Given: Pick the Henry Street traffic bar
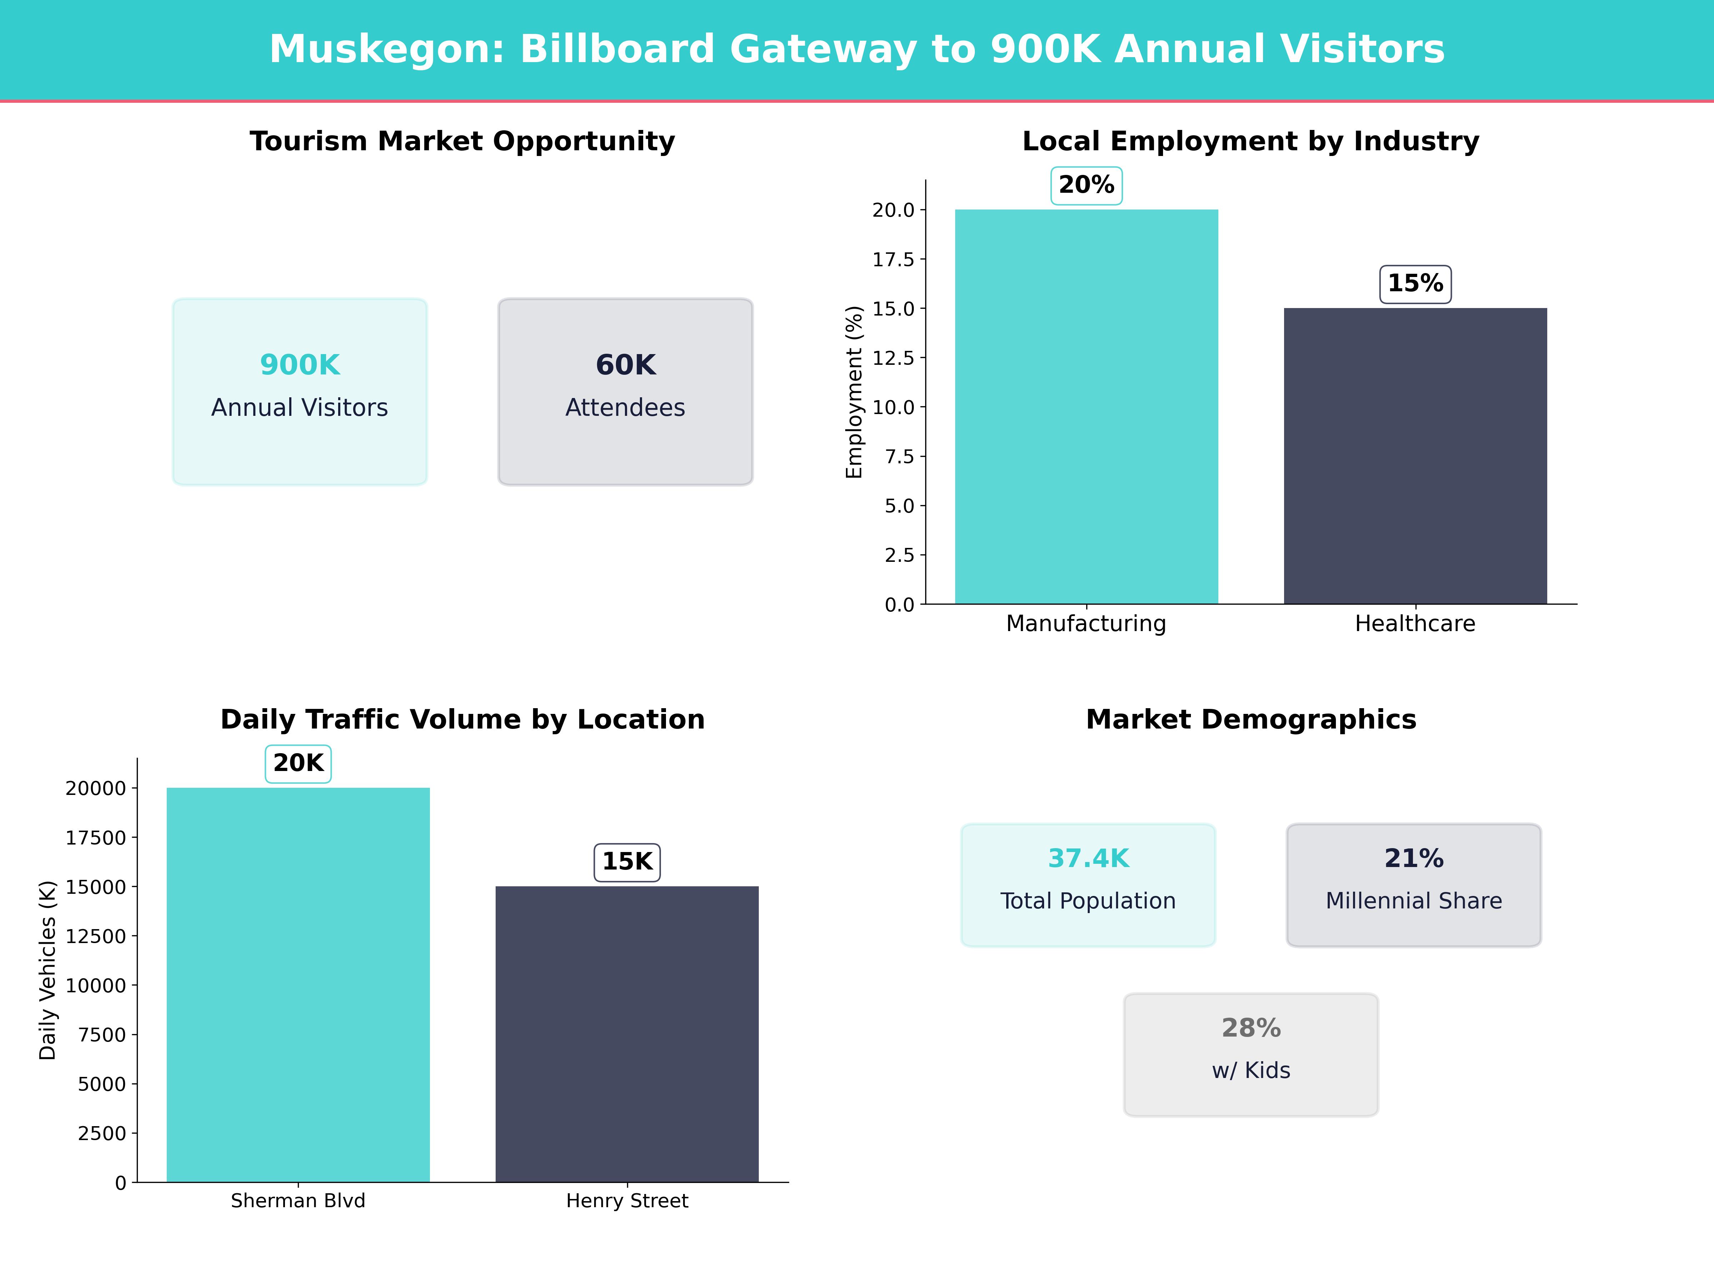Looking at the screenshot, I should pos(627,1034).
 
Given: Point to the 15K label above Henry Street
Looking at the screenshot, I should pos(627,861).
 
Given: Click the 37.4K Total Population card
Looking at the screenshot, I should pos(1088,885).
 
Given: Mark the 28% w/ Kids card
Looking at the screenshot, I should pos(1251,1054).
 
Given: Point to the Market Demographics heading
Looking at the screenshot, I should pos(1251,720).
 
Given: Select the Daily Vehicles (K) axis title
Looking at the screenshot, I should pos(48,970).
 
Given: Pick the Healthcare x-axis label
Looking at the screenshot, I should pos(1415,624).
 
